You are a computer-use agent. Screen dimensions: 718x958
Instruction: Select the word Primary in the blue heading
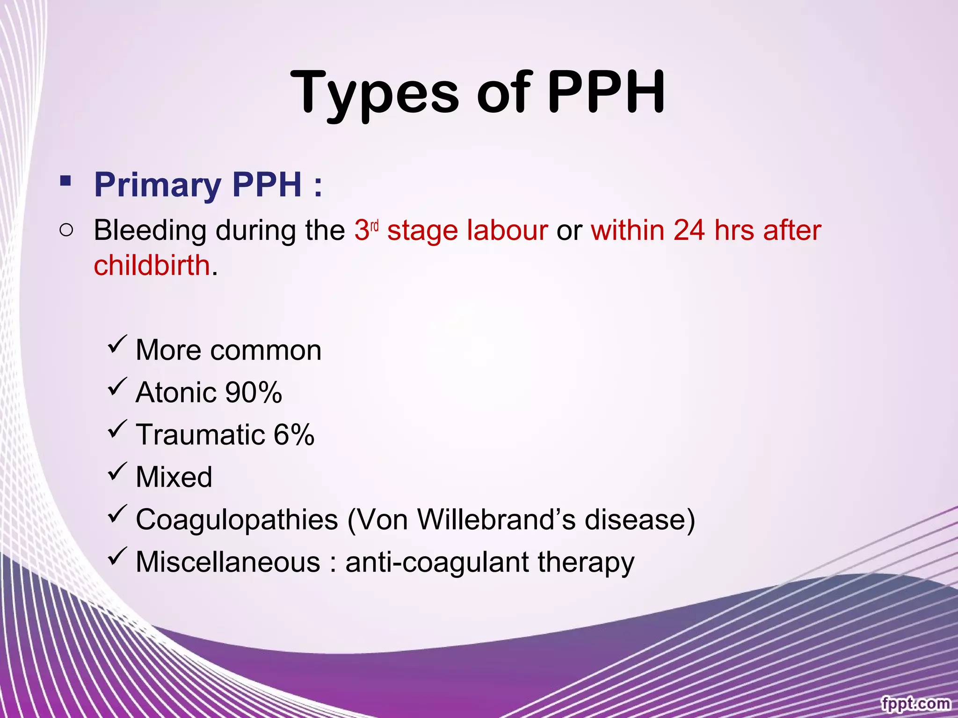158,185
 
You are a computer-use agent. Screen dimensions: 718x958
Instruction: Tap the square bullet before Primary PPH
65,180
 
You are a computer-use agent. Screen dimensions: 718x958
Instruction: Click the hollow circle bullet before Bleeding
66,230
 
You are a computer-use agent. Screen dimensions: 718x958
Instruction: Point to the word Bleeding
150,230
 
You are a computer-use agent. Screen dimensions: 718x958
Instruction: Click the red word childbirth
152,265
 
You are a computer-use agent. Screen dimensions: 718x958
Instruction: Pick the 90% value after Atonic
253,392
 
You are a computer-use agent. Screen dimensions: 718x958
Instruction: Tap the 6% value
294,435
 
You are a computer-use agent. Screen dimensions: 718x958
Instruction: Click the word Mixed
174,477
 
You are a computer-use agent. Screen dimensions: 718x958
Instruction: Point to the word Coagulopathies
237,520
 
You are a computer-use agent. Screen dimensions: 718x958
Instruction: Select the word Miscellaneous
228,562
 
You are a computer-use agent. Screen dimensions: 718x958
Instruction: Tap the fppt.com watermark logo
915,703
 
